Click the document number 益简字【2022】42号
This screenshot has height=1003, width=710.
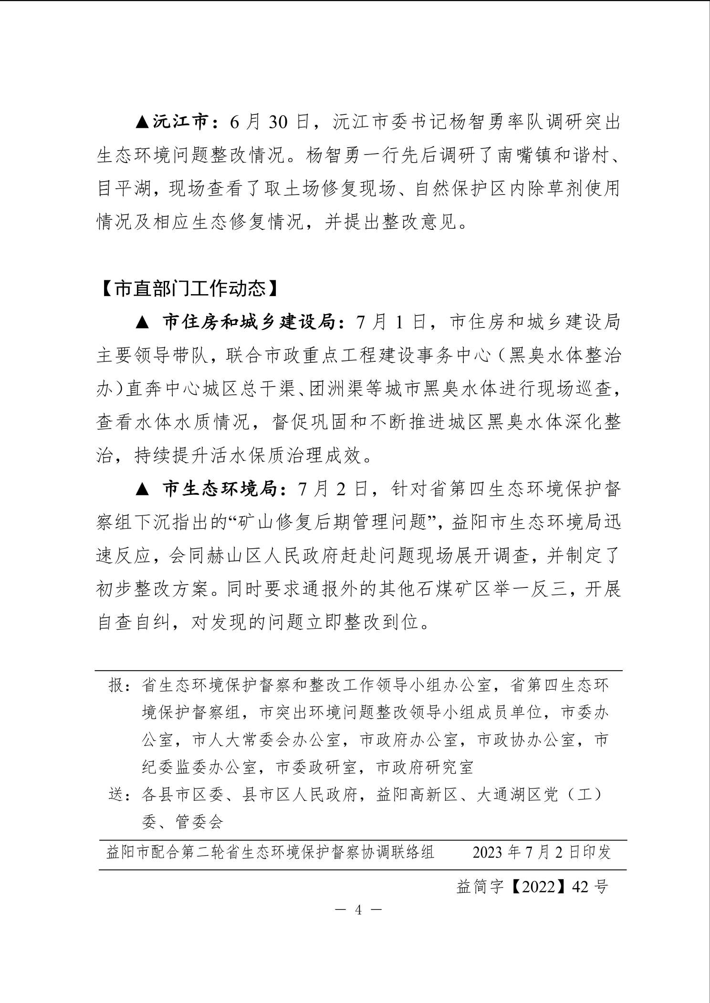[532, 887]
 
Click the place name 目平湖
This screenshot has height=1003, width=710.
[124, 189]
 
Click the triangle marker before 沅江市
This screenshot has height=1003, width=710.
[142, 123]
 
